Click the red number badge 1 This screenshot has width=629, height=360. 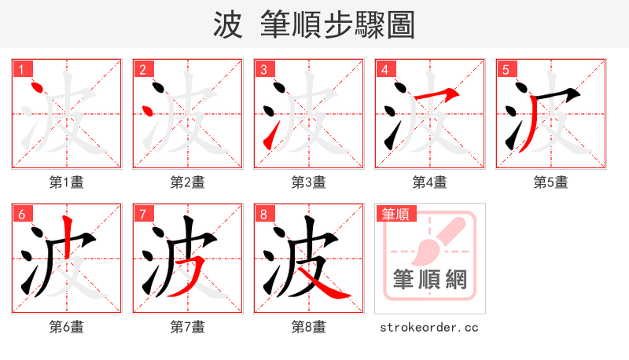(20, 70)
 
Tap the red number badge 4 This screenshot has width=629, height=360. (384, 70)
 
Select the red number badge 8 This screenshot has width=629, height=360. (263, 214)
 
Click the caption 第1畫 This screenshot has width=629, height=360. (67, 182)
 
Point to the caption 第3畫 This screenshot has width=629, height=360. (309, 182)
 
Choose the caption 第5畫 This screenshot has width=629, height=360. (551, 182)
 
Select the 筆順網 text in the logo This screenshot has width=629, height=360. (429, 279)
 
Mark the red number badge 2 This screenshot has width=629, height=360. (142, 70)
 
